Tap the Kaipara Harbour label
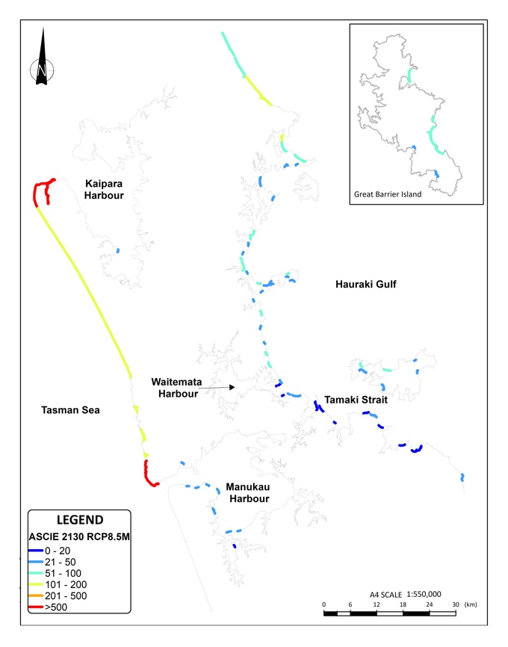pos(104,188)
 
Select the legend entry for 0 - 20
pos(60,549)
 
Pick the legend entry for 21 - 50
pos(61,561)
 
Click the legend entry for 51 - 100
pos(63,573)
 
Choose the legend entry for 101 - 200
pos(66,585)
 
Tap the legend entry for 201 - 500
pos(66,597)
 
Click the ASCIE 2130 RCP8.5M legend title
pos(81,535)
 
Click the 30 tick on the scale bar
pos(455,604)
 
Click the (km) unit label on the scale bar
pos(471,604)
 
